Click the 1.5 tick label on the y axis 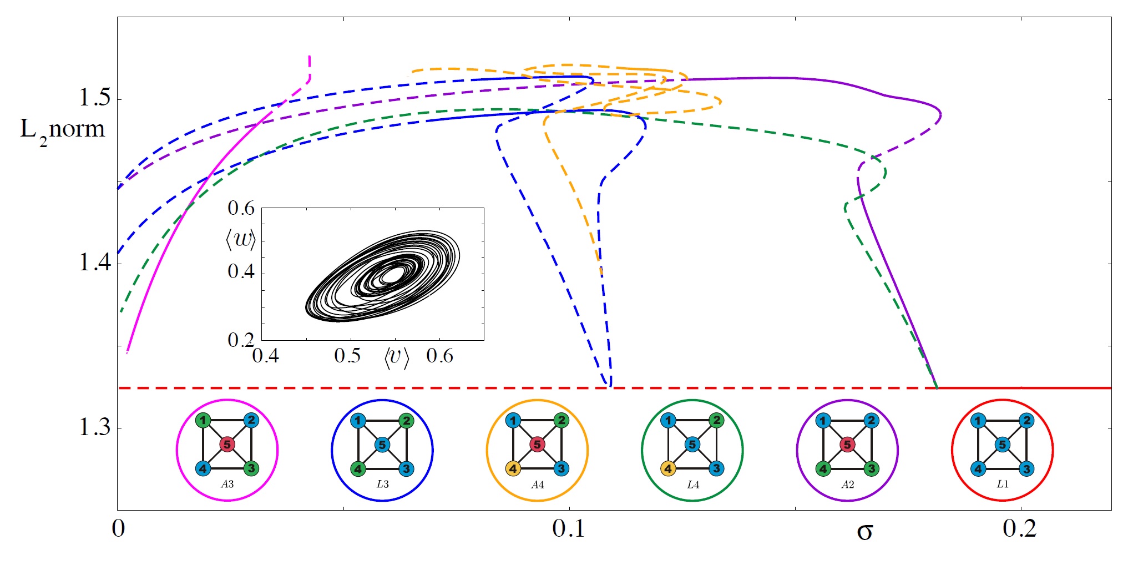(x=94, y=98)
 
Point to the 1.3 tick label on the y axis (x=94, y=427)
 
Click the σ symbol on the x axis (x=864, y=532)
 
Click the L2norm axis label (x=62, y=130)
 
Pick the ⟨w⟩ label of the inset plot (x=241, y=240)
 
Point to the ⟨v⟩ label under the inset (x=396, y=357)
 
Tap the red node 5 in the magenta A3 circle (x=227, y=444)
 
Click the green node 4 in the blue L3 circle (x=358, y=469)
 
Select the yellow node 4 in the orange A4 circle (x=513, y=469)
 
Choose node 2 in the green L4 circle (x=716, y=420)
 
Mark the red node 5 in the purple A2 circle (x=847, y=444)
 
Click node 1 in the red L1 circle (x=978, y=420)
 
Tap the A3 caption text (x=227, y=484)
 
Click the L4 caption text (x=692, y=485)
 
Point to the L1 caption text (x=1002, y=484)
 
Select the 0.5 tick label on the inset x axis (x=347, y=356)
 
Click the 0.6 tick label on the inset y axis (x=241, y=208)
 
